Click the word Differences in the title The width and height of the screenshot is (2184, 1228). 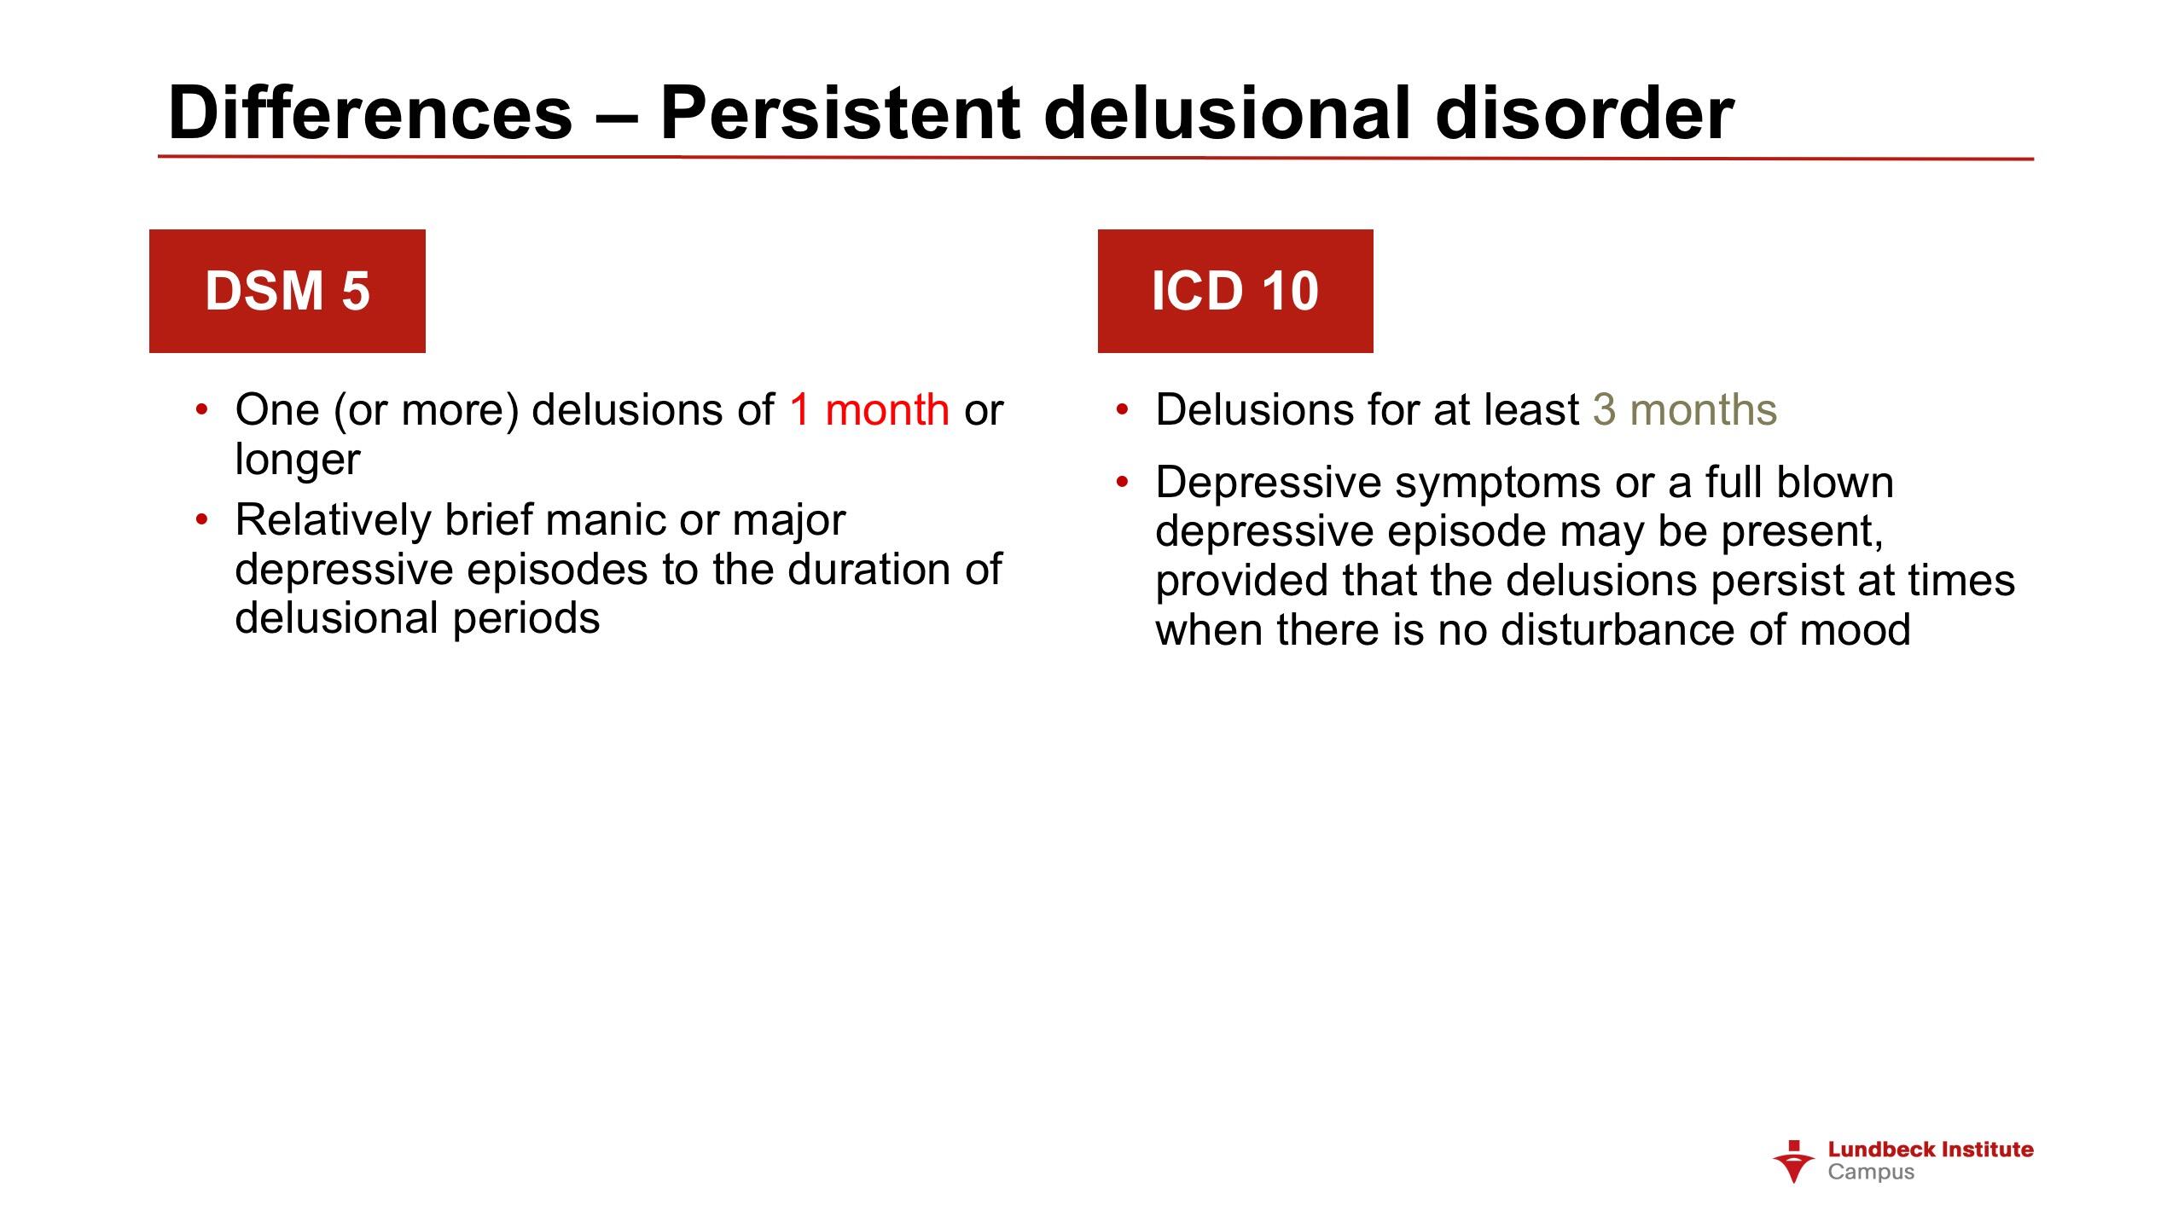370,113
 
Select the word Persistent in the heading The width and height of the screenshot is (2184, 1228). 840,113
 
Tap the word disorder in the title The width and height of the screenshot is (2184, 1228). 1584,113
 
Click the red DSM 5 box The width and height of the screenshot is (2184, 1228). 288,291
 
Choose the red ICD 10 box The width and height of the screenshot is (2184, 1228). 1235,291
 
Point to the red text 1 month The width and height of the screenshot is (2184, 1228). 869,409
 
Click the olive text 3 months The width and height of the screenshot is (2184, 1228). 1685,409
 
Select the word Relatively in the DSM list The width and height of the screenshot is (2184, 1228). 334,521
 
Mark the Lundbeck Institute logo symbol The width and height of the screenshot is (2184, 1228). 1794,1161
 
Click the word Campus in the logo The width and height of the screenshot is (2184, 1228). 1871,1173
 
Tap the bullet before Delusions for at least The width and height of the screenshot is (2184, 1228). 1122,411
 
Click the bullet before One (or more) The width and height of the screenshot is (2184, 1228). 201,411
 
